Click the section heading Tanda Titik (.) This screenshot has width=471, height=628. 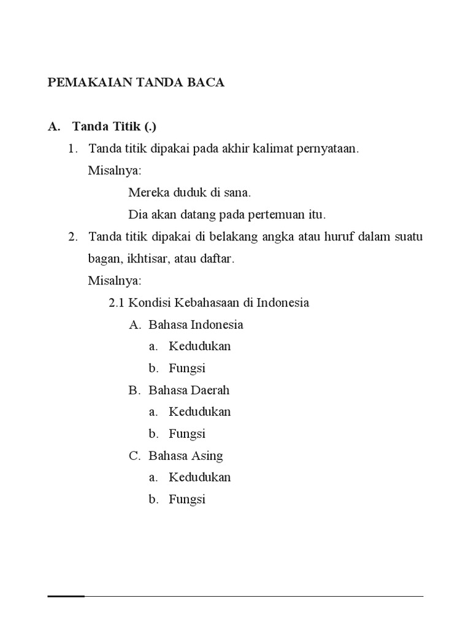114,126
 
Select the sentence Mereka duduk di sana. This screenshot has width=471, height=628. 190,193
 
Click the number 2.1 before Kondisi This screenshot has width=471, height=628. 117,302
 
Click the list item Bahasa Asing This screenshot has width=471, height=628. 185,456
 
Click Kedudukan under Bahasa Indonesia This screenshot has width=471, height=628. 200,346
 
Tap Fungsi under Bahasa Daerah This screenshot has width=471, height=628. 187,434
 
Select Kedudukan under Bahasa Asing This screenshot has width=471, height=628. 200,477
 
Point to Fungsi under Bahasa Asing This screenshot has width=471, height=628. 187,499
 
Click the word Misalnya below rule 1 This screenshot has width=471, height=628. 114,170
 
